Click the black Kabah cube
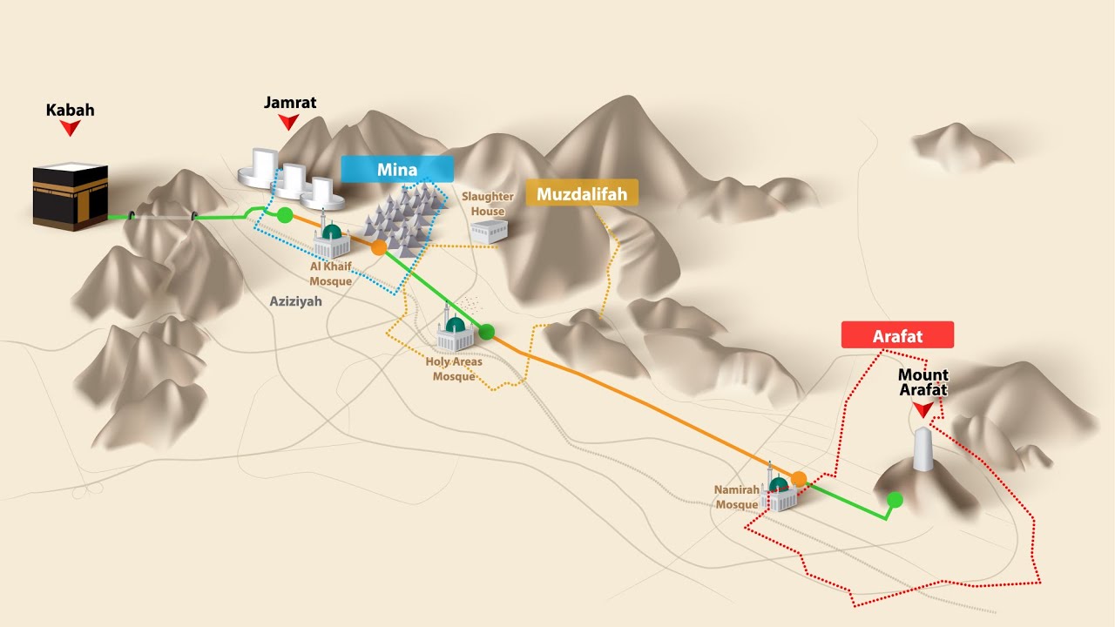(x=70, y=197)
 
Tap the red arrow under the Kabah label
(x=70, y=128)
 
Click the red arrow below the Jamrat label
(x=289, y=123)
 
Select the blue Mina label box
(x=397, y=169)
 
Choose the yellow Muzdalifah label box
(x=582, y=193)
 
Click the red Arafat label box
(x=897, y=335)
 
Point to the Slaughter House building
(x=490, y=231)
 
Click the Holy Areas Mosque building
(x=455, y=334)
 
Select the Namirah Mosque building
(x=779, y=494)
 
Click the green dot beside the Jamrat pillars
(x=284, y=215)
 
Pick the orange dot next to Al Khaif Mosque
(x=379, y=247)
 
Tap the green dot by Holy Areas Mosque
(x=487, y=331)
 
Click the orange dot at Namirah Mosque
(x=799, y=478)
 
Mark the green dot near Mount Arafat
(x=895, y=499)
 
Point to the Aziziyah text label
(x=295, y=301)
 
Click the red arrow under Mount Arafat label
(x=923, y=409)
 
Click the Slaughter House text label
(x=488, y=204)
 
